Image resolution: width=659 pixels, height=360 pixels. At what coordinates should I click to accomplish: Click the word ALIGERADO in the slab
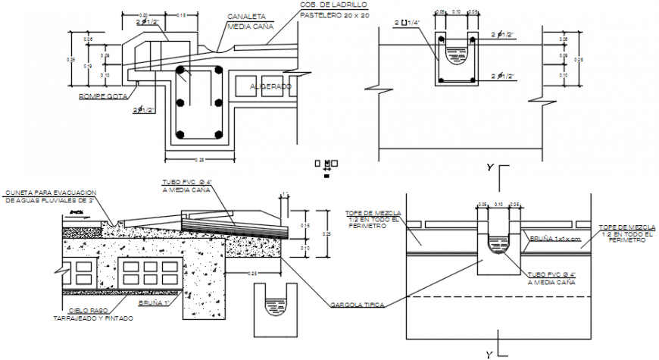click(x=270, y=87)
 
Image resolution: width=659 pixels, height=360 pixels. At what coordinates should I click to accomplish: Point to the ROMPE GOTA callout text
click(x=102, y=96)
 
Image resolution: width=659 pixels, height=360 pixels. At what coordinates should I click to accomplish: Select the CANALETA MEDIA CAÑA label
click(x=245, y=20)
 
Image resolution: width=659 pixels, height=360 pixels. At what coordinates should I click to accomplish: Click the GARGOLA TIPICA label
click(x=356, y=305)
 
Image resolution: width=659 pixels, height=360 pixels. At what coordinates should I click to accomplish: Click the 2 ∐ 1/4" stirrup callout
click(x=405, y=23)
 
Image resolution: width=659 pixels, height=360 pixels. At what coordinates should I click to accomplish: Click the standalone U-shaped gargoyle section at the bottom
click(x=273, y=307)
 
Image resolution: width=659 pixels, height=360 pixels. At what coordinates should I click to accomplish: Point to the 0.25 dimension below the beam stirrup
click(x=201, y=159)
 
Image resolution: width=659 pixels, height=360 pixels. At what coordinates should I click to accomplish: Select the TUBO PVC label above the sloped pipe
click(x=187, y=183)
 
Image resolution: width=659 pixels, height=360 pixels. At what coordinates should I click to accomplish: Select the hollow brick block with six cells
click(x=141, y=272)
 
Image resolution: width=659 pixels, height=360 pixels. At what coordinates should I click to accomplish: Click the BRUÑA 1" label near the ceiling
click(x=152, y=302)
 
